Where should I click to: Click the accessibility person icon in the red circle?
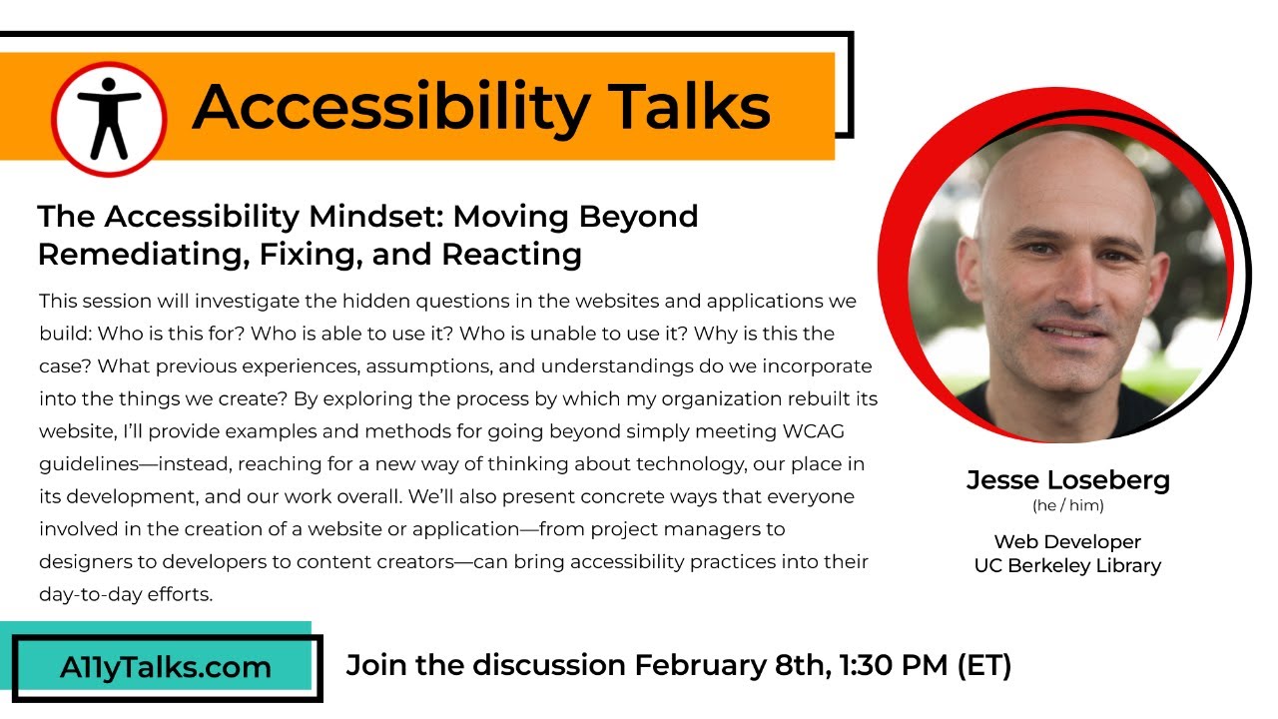(x=109, y=119)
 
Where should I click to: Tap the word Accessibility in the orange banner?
(x=391, y=110)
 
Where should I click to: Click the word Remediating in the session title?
(x=145, y=255)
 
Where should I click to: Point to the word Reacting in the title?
(x=512, y=255)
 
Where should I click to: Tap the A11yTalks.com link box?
(x=167, y=667)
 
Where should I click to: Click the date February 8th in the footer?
(x=733, y=666)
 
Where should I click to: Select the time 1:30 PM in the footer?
(x=894, y=665)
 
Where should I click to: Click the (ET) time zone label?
(x=984, y=666)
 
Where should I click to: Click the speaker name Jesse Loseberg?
(x=1068, y=480)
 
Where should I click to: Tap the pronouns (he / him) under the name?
(x=1068, y=505)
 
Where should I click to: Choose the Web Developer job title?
(x=1067, y=542)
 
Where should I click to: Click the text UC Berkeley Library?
(x=1067, y=566)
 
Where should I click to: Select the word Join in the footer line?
(x=377, y=666)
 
